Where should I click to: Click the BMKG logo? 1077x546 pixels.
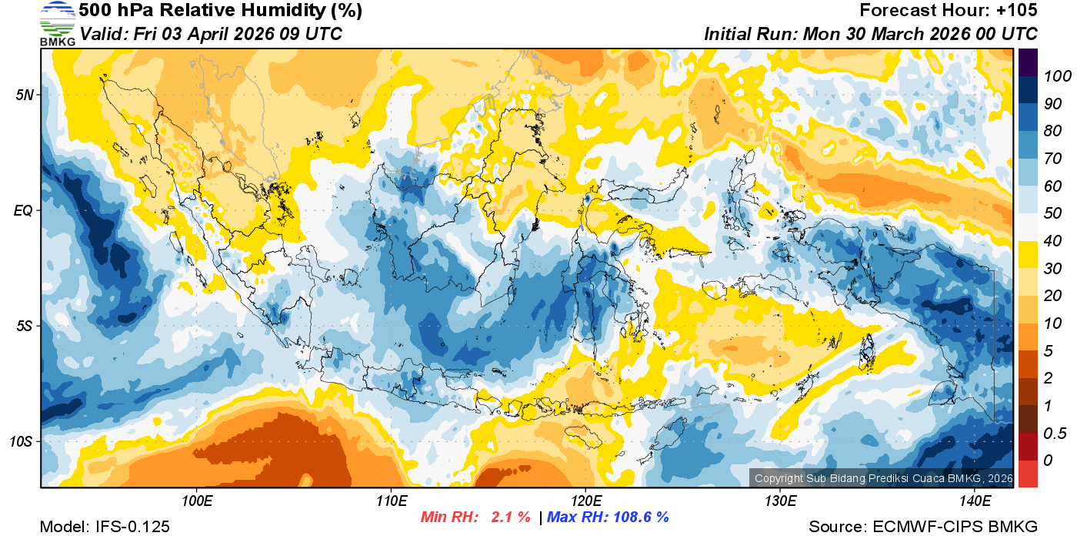[57, 24]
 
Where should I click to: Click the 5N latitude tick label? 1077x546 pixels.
[24, 95]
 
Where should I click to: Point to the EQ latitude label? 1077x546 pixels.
[23, 210]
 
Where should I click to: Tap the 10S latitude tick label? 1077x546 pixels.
[21, 441]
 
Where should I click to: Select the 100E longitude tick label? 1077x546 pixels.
[198, 501]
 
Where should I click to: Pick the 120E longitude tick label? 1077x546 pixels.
[585, 501]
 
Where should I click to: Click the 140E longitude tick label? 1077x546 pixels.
[975, 501]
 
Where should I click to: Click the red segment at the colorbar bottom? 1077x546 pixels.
[1028, 473]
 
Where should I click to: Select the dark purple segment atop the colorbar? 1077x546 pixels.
[1028, 62]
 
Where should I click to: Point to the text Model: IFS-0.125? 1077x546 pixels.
[104, 528]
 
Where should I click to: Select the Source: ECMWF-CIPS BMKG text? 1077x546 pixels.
[923, 528]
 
